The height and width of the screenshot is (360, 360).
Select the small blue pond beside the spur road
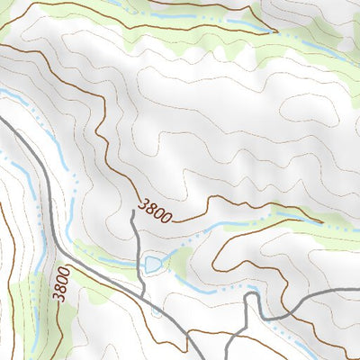coord(153,263)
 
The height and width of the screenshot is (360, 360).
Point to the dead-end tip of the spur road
coord(133,212)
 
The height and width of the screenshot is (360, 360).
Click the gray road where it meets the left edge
coord(3,117)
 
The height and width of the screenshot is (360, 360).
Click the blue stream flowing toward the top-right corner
coord(324,45)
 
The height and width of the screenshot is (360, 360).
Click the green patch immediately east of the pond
coord(180,261)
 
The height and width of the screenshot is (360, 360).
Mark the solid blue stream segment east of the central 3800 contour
coord(297,215)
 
